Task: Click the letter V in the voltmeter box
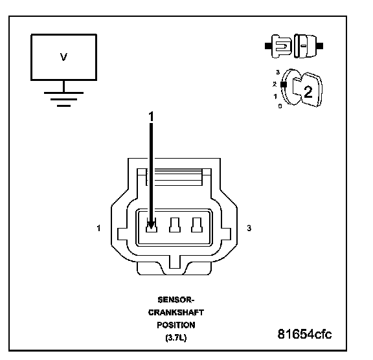[x=63, y=57]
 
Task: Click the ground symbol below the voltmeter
[x=63, y=99]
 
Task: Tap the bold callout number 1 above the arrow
[x=151, y=117]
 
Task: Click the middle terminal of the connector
[x=175, y=225]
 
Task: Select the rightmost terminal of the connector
[x=197, y=225]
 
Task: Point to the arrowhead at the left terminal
[x=151, y=225]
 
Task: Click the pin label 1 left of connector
[x=98, y=228]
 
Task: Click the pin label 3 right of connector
[x=249, y=228]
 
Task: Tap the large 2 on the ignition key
[x=308, y=92]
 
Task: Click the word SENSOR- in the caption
[x=176, y=300]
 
